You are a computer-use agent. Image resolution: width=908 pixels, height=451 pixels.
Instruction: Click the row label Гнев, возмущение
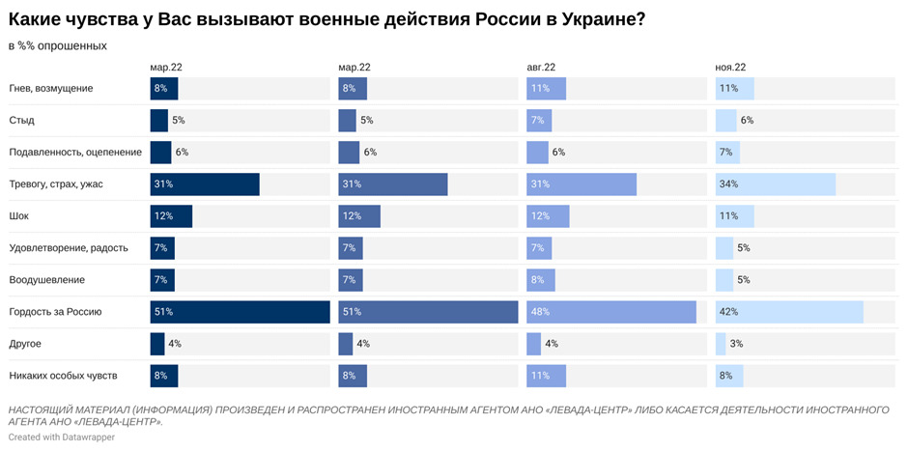click(x=51, y=89)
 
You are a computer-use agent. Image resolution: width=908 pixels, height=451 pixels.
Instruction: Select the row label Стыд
click(x=21, y=121)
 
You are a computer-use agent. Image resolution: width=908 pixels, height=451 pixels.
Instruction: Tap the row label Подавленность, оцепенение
click(x=75, y=153)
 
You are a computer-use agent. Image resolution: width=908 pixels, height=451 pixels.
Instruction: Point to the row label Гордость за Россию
click(x=55, y=312)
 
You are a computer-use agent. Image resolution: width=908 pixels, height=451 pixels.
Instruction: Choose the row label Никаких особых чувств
click(x=63, y=376)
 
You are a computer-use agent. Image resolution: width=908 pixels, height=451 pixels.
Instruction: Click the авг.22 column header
click(x=541, y=68)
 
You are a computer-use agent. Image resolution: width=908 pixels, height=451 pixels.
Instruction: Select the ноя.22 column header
click(x=730, y=68)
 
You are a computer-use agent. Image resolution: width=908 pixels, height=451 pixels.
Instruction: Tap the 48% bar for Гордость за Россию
click(x=611, y=312)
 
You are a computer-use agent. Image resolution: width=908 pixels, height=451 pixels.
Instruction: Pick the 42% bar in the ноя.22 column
click(x=789, y=312)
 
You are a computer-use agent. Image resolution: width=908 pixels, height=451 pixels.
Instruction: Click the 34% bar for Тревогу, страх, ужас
click(x=776, y=184)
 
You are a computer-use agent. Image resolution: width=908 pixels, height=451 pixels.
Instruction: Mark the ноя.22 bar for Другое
click(x=721, y=344)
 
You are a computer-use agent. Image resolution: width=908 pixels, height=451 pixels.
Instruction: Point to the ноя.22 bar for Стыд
click(x=725, y=121)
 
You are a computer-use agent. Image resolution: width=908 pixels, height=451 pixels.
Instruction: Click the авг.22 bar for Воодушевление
click(x=541, y=280)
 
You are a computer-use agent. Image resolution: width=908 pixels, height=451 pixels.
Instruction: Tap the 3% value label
click(x=736, y=344)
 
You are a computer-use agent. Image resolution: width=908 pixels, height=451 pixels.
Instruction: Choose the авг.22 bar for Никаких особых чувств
click(x=546, y=376)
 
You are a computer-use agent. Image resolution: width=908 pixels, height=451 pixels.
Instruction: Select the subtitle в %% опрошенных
click(x=58, y=45)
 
